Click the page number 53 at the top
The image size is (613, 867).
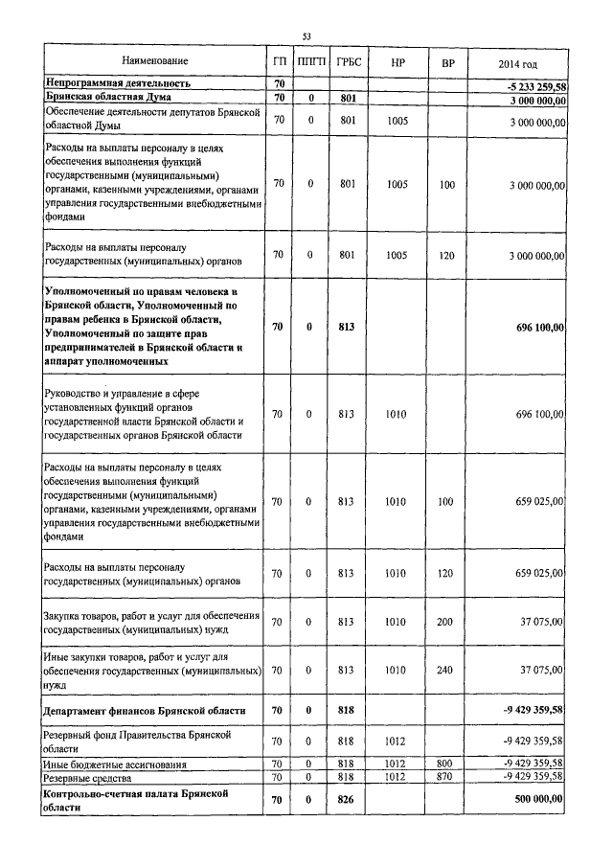[x=307, y=36]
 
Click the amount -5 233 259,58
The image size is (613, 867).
[x=528, y=86]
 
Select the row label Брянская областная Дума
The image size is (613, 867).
[x=99, y=98]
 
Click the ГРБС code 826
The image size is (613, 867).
[x=348, y=800]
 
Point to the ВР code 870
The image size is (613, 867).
[x=446, y=776]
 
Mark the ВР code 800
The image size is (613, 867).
[x=446, y=764]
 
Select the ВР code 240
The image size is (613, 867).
[x=446, y=671]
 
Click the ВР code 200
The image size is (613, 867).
[x=446, y=621]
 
